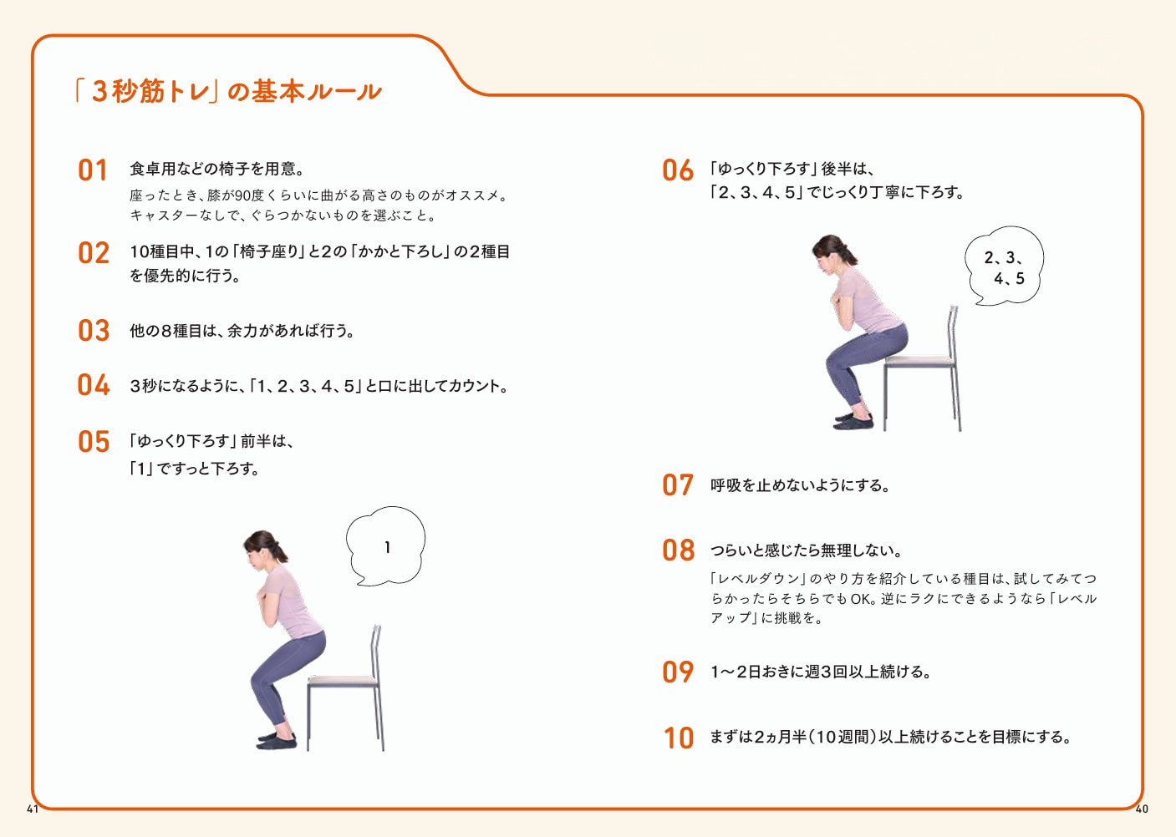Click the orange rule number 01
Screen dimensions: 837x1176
[93, 170]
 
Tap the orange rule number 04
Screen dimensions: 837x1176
[93, 385]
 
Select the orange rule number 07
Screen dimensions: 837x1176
[677, 485]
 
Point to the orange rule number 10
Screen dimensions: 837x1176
[678, 738]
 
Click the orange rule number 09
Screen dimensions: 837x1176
[677, 672]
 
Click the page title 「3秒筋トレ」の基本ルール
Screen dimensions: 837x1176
[227, 91]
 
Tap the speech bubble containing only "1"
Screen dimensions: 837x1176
[386, 546]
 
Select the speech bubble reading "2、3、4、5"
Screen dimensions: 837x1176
[1005, 266]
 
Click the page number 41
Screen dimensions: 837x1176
[33, 809]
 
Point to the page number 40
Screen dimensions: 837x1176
[1143, 809]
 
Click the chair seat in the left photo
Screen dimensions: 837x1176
[343, 680]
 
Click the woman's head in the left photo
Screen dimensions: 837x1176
[262, 549]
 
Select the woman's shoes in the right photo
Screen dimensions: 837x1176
[853, 420]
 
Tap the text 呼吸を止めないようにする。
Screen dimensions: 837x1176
[800, 485]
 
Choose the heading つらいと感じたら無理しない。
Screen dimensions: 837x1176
[806, 550]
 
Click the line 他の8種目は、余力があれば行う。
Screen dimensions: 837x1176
[242, 331]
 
